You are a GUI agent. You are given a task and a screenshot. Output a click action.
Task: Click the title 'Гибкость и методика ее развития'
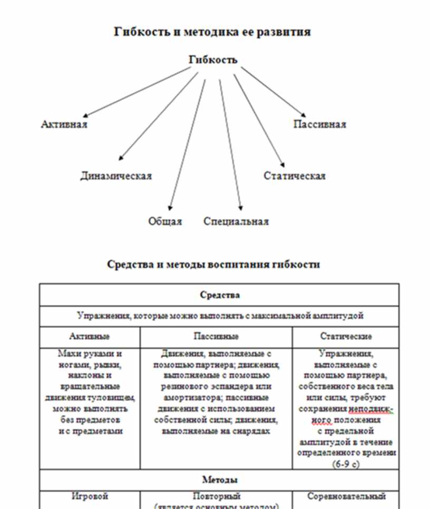pyautogui.click(x=212, y=32)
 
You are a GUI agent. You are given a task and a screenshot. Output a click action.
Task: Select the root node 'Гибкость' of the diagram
pyautogui.click(x=213, y=60)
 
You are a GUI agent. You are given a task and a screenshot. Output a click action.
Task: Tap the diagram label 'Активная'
pyautogui.click(x=64, y=125)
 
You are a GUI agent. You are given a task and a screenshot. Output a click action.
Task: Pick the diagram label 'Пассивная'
pyautogui.click(x=319, y=125)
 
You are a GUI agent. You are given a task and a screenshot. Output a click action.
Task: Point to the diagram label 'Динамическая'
pyautogui.click(x=116, y=176)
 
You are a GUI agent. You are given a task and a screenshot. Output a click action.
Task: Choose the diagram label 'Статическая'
pyautogui.click(x=295, y=176)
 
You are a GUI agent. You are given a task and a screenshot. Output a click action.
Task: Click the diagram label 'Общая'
pyautogui.click(x=165, y=221)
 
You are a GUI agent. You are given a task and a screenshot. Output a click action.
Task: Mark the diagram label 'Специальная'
pyautogui.click(x=236, y=221)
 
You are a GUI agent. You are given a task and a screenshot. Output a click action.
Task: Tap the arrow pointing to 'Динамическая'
pyautogui.click(x=158, y=116)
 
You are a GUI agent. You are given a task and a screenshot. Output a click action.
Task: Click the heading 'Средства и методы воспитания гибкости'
pyautogui.click(x=213, y=264)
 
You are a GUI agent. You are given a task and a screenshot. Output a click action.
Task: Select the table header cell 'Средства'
pyautogui.click(x=219, y=295)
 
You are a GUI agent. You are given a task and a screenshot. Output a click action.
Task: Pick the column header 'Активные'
pyautogui.click(x=90, y=336)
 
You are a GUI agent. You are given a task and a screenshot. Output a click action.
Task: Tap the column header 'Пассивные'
pyautogui.click(x=216, y=336)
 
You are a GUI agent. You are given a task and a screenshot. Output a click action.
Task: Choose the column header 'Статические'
pyautogui.click(x=346, y=336)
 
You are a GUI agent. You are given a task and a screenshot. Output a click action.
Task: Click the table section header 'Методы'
pyautogui.click(x=219, y=479)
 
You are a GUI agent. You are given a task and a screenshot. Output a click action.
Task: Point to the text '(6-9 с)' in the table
pyautogui.click(x=346, y=464)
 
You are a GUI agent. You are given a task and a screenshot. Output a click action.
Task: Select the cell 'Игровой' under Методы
pyautogui.click(x=90, y=496)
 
